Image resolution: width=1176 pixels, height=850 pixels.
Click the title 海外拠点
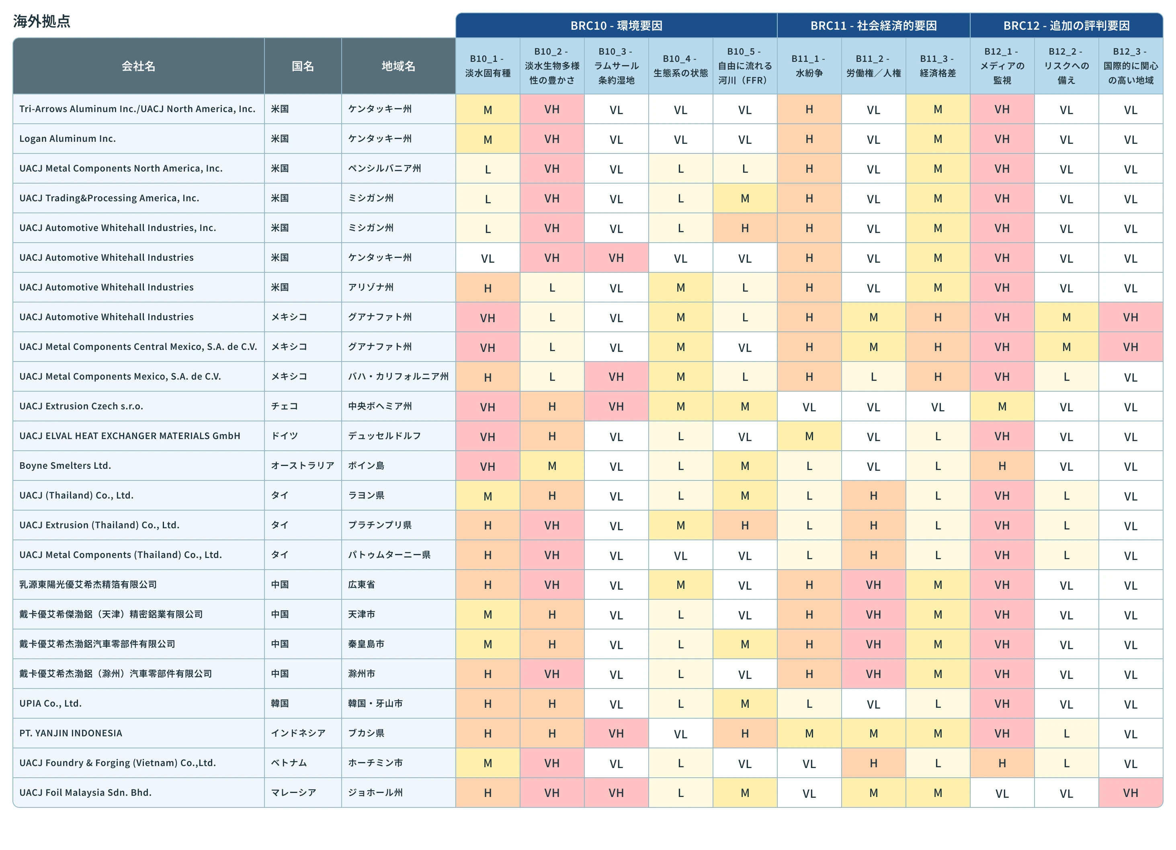(41, 21)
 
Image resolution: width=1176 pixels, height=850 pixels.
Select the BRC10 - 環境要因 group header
(616, 25)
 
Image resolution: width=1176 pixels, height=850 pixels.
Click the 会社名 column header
(138, 66)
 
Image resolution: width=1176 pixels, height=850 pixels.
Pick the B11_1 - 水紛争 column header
(809, 66)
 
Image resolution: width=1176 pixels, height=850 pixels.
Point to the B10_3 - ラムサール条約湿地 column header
(616, 66)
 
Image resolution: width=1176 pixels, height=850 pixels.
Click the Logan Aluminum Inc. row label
(68, 138)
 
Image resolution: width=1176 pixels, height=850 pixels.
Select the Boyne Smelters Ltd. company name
(66, 466)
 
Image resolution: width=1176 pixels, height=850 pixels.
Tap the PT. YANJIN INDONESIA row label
(71, 733)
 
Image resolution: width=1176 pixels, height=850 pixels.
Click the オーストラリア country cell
(303, 466)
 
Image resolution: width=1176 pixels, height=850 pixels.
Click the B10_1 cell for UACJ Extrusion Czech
(488, 407)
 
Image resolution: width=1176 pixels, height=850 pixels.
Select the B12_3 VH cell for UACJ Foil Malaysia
(1130, 793)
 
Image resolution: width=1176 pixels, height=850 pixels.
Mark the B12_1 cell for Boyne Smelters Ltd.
(1002, 466)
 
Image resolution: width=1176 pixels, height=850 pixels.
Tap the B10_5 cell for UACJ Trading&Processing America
(745, 198)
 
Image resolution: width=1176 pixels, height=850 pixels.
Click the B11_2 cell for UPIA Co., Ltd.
(873, 703)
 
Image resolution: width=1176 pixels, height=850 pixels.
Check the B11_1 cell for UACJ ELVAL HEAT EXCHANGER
(809, 436)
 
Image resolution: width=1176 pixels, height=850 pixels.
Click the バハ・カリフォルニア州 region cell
(398, 376)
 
